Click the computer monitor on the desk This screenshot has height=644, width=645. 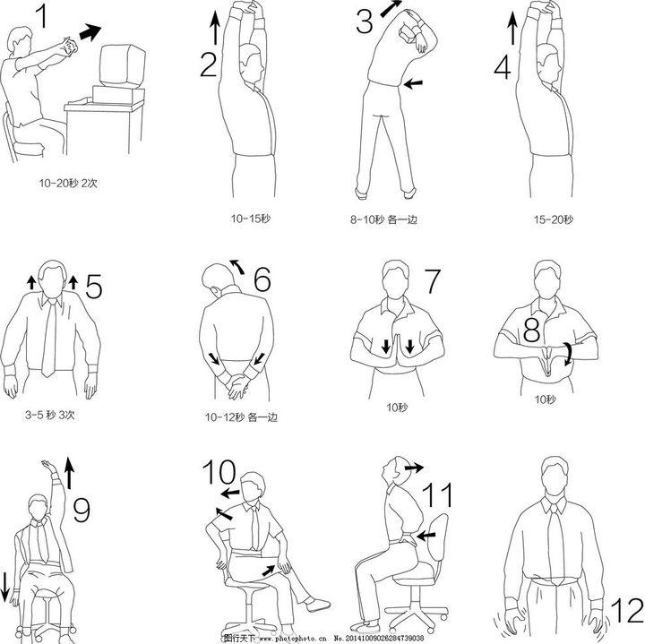pyautogui.click(x=122, y=64)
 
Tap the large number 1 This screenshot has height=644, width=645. pyautogui.click(x=41, y=16)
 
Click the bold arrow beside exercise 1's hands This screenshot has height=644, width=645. pyautogui.click(x=90, y=32)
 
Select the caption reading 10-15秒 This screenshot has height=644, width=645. pyautogui.click(x=251, y=219)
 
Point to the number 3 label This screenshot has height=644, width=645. pyautogui.click(x=365, y=21)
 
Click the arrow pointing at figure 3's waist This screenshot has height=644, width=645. pyautogui.click(x=413, y=84)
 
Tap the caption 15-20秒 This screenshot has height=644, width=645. pyautogui.click(x=554, y=219)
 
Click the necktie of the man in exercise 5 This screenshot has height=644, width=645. pyautogui.click(x=49, y=337)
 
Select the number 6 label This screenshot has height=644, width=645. pyautogui.click(x=262, y=279)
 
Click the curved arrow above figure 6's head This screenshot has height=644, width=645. pyautogui.click(x=237, y=266)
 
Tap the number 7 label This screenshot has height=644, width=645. pyautogui.click(x=432, y=281)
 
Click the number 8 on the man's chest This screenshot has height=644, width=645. pyautogui.click(x=531, y=330)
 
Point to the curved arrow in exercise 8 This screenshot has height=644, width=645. pyautogui.click(x=569, y=354)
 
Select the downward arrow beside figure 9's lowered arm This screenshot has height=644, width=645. pyautogui.click(x=5, y=585)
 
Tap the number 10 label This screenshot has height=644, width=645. pyautogui.click(x=219, y=472)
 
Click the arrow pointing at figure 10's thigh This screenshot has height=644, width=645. pyautogui.click(x=269, y=571)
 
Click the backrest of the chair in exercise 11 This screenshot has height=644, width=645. pyautogui.click(x=434, y=538)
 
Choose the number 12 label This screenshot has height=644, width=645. pyautogui.click(x=626, y=611)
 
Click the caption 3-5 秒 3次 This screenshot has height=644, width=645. pyautogui.click(x=50, y=415)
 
